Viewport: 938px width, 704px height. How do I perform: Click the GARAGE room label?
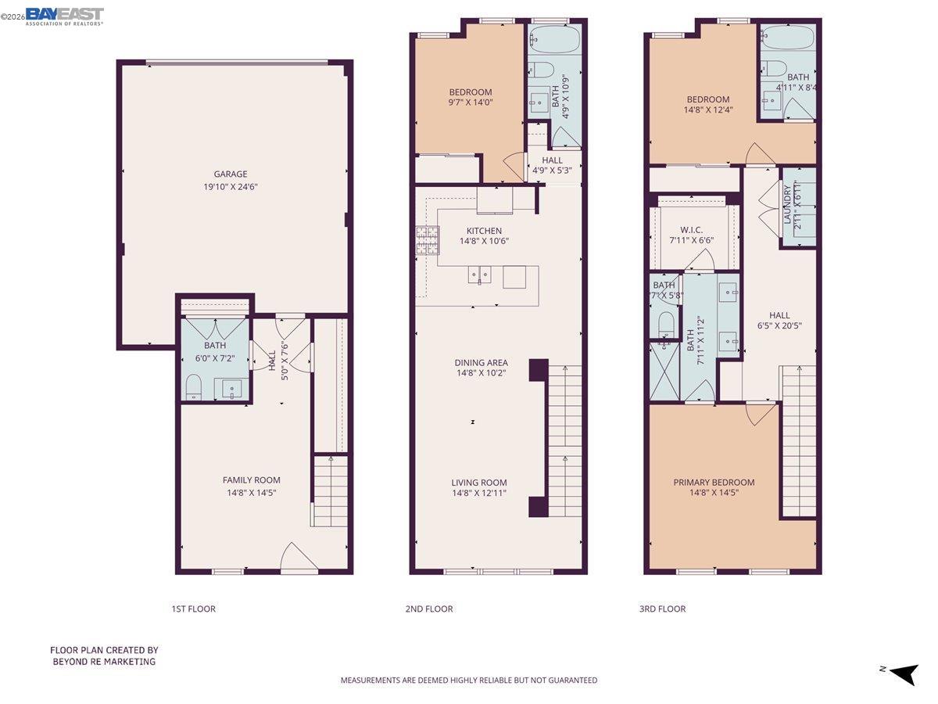231,174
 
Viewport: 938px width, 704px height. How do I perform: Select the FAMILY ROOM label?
251,480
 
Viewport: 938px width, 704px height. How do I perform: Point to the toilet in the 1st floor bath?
193,386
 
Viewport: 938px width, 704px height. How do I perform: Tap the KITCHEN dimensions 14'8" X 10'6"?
484,242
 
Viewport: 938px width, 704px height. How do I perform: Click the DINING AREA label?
482,362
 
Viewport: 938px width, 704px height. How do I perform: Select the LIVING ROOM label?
478,483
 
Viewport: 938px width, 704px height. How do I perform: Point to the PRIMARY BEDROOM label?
714,483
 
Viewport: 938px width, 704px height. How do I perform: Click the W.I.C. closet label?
692,230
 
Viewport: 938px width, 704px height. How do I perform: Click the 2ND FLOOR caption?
428,609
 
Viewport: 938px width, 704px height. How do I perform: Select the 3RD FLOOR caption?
662,609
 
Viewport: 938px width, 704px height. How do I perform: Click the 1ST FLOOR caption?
193,609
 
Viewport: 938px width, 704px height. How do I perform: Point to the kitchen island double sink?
480,275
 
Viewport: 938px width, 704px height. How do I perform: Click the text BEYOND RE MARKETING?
104,662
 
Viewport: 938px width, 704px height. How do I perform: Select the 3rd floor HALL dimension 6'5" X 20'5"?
779,326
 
